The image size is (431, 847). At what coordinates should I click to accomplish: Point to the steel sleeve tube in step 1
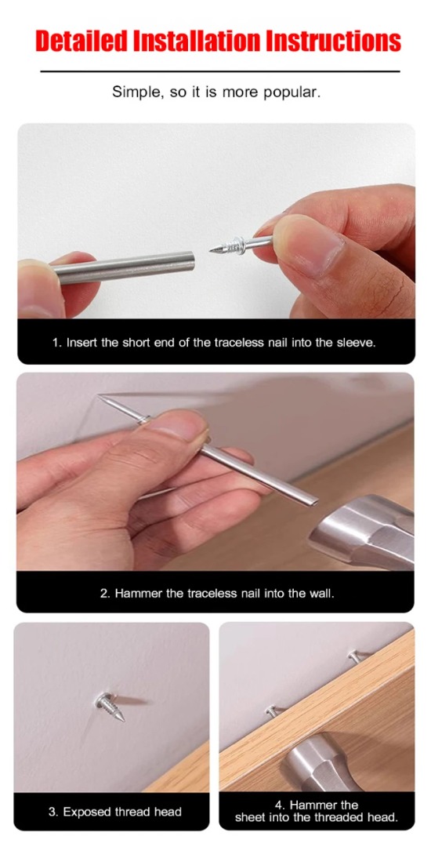124,267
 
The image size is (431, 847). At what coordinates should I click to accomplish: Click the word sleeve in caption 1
357,343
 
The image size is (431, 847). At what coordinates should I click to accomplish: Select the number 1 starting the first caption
56,343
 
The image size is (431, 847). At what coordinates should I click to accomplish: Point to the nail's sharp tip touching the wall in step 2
100,397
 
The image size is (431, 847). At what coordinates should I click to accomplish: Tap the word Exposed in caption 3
84,812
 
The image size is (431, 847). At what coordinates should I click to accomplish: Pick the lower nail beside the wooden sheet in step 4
272,711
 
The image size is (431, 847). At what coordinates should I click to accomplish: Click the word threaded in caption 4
345,817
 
